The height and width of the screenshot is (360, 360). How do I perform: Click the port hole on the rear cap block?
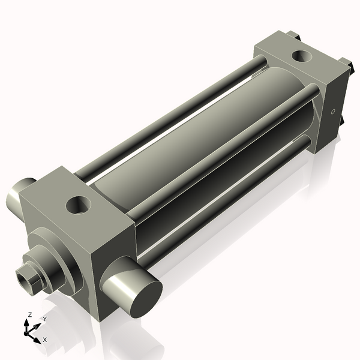(x=299, y=58)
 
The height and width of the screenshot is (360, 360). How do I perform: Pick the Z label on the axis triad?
(x=30, y=314)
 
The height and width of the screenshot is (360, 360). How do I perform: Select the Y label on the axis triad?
(x=44, y=319)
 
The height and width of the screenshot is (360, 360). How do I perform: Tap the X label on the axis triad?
(x=45, y=340)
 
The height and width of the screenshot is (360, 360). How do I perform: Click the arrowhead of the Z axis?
(x=27, y=322)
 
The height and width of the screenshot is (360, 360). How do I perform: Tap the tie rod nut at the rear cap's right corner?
(x=346, y=63)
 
